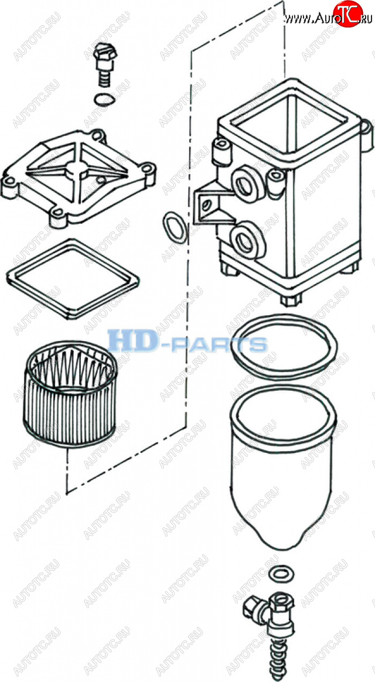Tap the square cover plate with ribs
[79, 176]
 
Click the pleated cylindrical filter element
[69, 394]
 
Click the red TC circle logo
[347, 14]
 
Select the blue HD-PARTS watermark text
[187, 342]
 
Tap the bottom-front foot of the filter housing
[291, 300]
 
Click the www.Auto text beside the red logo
[308, 18]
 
